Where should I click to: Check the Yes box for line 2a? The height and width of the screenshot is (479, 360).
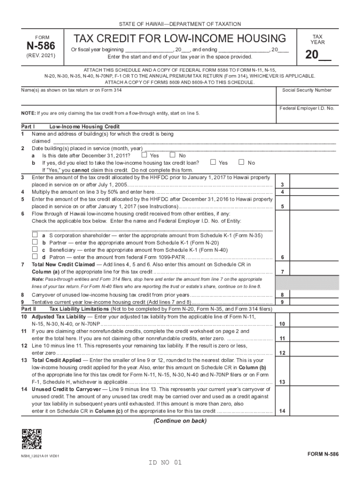[144, 155]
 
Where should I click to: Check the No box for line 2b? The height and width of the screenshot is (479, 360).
[242, 163]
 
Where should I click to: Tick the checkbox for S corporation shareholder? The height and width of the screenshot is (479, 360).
[34, 235]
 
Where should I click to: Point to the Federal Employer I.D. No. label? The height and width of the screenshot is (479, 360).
[307, 108]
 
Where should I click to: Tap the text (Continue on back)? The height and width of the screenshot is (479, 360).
[180, 421]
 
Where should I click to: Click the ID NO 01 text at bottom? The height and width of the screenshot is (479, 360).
[164, 463]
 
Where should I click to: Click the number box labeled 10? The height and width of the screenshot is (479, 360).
[282, 324]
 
